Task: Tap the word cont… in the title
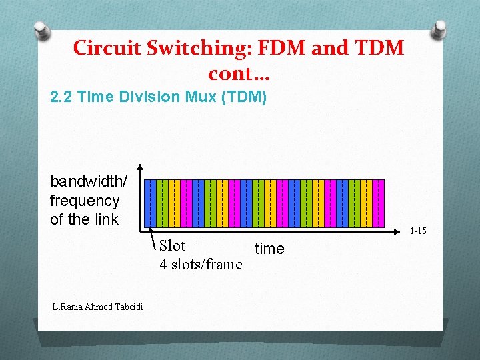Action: pyautogui.click(x=238, y=73)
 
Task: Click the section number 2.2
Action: pyautogui.click(x=61, y=97)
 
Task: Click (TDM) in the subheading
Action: pyautogui.click(x=244, y=97)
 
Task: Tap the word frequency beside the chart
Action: pyautogui.click(x=84, y=201)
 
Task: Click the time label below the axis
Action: pyautogui.click(x=269, y=249)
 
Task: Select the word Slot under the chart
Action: pyautogui.click(x=172, y=246)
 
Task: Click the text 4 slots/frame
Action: pyautogui.click(x=201, y=265)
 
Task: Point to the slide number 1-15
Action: pyautogui.click(x=418, y=231)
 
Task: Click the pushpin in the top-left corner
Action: pyautogui.click(x=41, y=29)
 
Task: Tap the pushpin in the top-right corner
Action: pyautogui.click(x=441, y=29)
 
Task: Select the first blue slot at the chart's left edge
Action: pyautogui.click(x=151, y=203)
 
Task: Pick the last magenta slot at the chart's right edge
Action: pyautogui.click(x=379, y=203)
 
